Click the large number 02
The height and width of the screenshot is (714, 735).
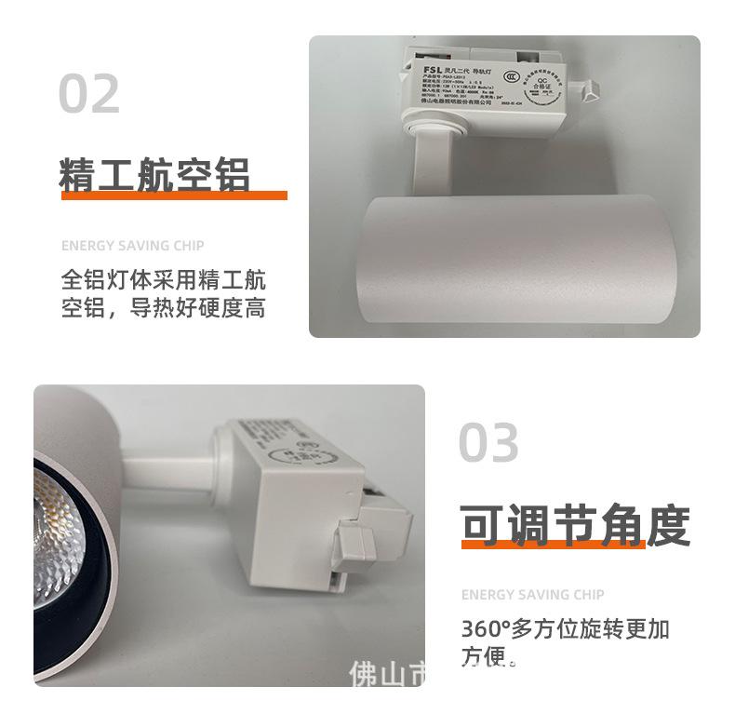[89, 94]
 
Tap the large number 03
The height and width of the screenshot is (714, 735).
[488, 442]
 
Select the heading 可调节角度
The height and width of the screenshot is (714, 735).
[576, 526]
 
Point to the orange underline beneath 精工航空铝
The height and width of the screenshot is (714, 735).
[172, 195]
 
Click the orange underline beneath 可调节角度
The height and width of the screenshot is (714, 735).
[554, 544]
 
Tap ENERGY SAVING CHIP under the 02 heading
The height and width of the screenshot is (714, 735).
[132, 246]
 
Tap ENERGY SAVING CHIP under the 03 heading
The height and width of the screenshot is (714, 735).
[532, 595]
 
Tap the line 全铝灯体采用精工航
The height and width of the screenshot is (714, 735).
[164, 280]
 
